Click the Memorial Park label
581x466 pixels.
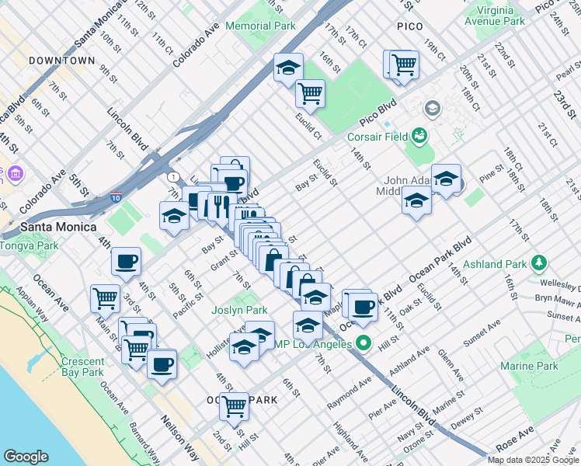pyautogui.click(x=260, y=26)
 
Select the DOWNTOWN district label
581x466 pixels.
pyautogui.click(x=61, y=60)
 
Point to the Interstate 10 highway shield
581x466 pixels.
pyautogui.click(x=116, y=198)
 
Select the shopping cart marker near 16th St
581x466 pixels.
pyautogui.click(x=310, y=94)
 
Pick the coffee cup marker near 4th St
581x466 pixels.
pyautogui.click(x=126, y=263)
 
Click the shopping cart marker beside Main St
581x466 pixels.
pyautogui.click(x=105, y=297)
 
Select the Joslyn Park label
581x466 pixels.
pyautogui.click(x=239, y=311)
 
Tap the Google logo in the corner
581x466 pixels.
pyautogui.click(x=26, y=457)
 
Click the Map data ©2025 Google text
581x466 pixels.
pyautogui.click(x=532, y=460)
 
